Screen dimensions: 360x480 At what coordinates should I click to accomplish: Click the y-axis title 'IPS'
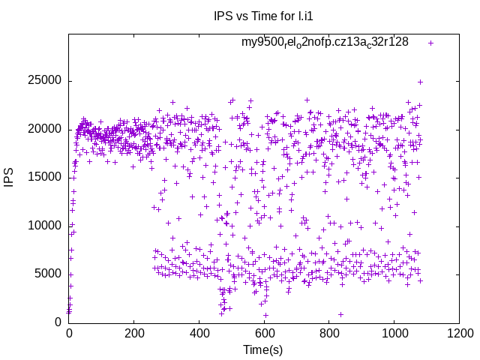9,177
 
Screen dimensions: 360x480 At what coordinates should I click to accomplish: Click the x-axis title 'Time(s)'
262,350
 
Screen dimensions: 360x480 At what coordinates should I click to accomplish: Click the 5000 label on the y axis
47,274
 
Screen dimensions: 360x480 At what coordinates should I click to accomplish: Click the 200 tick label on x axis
134,333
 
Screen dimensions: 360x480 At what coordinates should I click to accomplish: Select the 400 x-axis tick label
199,333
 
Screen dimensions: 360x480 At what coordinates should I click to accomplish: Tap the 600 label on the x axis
264,333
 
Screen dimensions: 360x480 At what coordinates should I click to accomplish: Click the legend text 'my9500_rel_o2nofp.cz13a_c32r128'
325,42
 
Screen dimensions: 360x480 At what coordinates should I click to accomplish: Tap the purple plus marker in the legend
430,43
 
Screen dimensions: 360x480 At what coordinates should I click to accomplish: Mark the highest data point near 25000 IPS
421,82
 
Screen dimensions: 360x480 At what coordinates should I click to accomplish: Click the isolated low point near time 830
340,314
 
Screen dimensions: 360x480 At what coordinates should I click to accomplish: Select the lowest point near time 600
265,315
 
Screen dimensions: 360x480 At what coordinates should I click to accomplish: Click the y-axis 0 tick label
58,322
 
